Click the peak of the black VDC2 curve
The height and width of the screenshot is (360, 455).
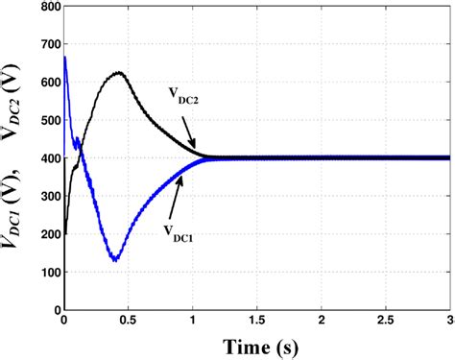click(x=119, y=73)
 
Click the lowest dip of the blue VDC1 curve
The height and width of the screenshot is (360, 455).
click(x=115, y=259)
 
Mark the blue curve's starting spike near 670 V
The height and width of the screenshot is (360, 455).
click(x=63, y=57)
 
